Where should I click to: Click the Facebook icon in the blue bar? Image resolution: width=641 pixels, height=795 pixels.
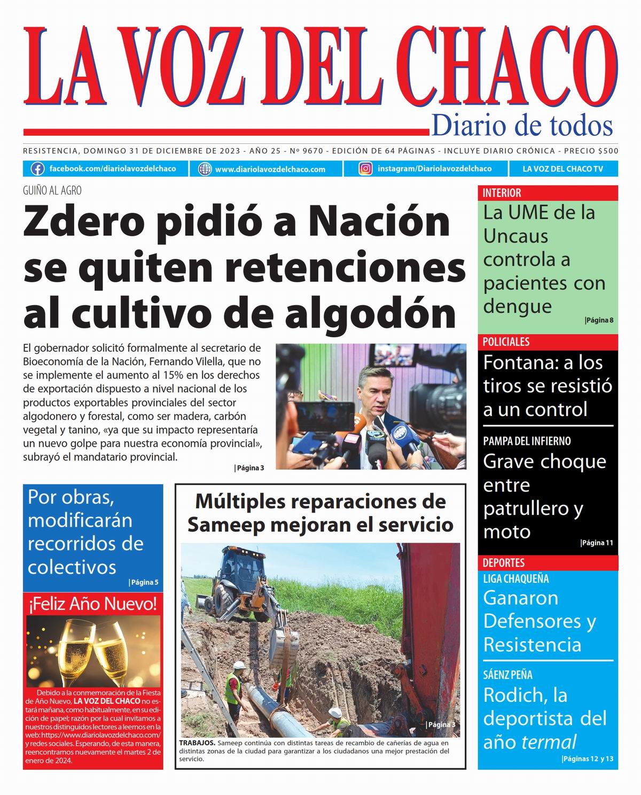(37, 169)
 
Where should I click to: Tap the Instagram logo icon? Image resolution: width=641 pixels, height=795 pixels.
(365, 169)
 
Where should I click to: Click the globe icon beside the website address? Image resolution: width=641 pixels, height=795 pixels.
(205, 169)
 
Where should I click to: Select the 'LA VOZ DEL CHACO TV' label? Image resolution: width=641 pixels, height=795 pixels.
(562, 169)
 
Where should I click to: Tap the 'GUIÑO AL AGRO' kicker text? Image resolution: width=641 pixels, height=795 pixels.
(52, 190)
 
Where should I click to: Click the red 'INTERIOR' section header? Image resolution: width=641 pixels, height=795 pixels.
(502, 193)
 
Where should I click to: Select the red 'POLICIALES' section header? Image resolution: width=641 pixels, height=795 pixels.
(506, 342)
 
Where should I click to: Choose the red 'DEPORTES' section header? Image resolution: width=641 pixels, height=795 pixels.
(503, 562)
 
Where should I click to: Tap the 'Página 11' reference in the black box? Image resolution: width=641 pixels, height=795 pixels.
(597, 543)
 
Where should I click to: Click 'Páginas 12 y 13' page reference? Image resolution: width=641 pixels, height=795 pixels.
(588, 759)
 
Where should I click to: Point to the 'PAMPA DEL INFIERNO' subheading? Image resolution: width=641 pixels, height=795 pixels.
(527, 441)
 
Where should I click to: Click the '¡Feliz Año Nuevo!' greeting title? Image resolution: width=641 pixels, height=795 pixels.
(92, 604)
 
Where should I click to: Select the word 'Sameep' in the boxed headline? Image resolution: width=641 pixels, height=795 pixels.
(226, 525)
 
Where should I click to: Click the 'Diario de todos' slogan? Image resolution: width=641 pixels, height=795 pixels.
(521, 126)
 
